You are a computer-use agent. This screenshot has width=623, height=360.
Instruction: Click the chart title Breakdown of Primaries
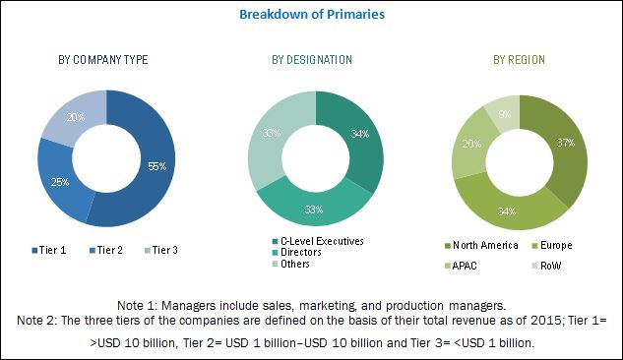[312, 15]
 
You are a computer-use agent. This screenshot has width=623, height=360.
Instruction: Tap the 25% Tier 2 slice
[60, 182]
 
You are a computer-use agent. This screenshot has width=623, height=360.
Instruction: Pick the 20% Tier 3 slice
[76, 117]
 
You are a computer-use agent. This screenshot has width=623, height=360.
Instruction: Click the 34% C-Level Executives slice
[359, 134]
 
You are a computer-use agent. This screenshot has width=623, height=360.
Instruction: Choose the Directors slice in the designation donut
[314, 210]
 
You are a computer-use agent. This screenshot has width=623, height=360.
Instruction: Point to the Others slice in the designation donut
[272, 133]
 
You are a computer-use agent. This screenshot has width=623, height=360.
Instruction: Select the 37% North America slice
[565, 143]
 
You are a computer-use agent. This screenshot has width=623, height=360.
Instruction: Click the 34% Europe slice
[507, 211]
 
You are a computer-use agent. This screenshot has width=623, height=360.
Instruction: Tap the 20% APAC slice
[471, 144]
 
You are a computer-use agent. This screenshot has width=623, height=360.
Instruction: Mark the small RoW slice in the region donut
[505, 114]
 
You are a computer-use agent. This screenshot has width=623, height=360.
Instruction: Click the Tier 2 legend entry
[106, 250]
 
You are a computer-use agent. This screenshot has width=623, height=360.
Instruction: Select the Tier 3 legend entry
[160, 250]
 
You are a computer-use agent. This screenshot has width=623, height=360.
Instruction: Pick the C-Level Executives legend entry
[318, 241]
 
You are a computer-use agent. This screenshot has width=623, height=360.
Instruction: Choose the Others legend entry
[291, 264]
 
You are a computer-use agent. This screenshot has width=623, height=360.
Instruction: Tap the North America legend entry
[481, 245]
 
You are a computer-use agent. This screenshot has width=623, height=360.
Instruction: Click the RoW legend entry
[546, 266]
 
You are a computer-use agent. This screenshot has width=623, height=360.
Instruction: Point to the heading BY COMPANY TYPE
[103, 60]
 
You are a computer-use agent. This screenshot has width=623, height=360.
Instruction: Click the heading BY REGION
[519, 60]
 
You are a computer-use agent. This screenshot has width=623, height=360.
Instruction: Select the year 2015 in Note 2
[545, 320]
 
